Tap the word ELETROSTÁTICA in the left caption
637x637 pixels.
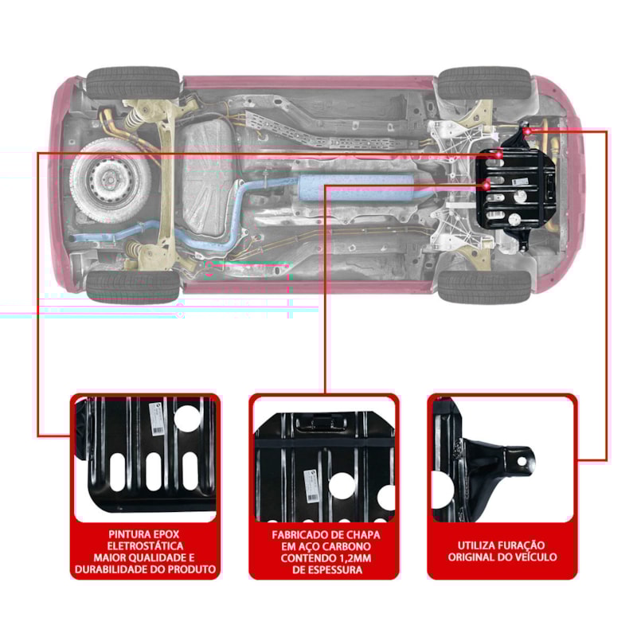click(x=144, y=545)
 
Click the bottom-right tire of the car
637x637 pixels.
click(x=484, y=287)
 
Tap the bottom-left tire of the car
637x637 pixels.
click(x=133, y=287)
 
